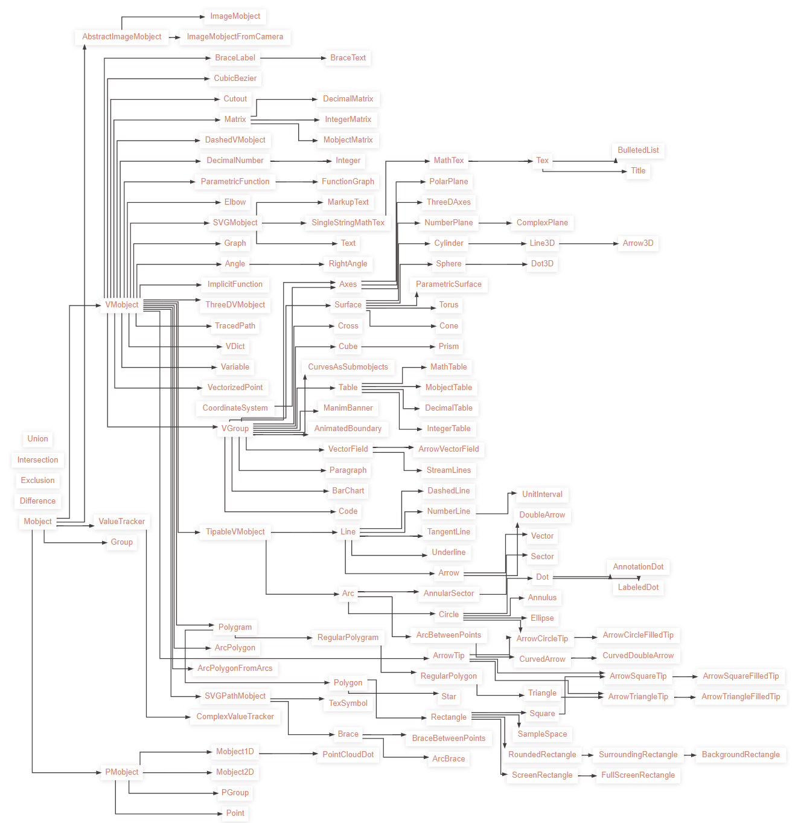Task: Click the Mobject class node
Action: point(37,522)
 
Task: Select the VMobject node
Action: point(122,305)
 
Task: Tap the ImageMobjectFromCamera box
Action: point(235,37)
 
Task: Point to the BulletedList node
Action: point(638,150)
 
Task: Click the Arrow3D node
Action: point(638,243)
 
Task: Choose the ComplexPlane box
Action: point(542,223)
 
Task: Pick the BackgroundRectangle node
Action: point(741,755)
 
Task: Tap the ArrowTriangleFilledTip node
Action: point(741,697)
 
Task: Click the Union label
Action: point(37,439)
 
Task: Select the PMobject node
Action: point(122,772)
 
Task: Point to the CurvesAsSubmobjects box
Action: point(348,367)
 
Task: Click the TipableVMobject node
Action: point(235,532)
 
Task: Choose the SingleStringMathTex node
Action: point(348,223)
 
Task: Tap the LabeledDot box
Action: point(638,588)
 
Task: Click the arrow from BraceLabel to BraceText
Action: point(293,58)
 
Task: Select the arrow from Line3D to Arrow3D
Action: point(589,243)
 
